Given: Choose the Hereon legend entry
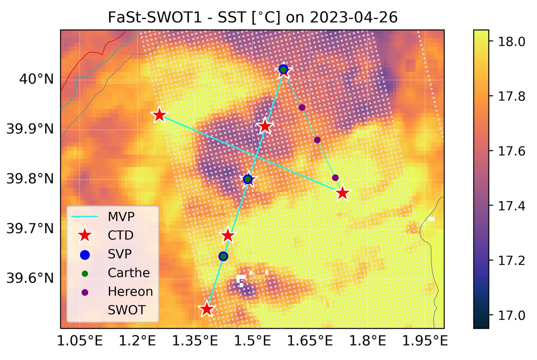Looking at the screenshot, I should tap(130, 291).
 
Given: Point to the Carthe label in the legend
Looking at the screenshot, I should tap(128, 273).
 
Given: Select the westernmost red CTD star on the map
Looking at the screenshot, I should tap(159, 115).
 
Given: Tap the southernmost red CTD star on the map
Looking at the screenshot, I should tap(206, 309).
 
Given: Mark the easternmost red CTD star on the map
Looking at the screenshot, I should tap(343, 193).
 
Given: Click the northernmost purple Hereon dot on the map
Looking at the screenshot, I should tap(302, 107).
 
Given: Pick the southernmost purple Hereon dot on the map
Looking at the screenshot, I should tap(336, 178).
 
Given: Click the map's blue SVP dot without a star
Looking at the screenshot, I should tap(223, 256).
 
